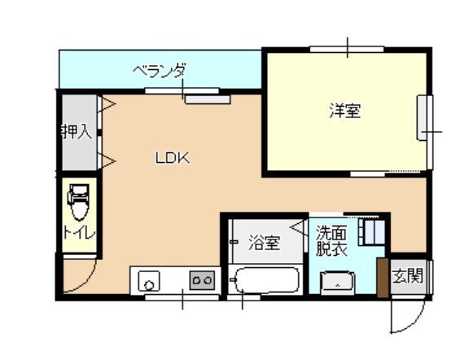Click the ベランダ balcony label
[x=160, y=72]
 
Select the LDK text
[x=173, y=159]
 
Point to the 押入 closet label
[x=76, y=131]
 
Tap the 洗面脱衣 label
[x=331, y=242]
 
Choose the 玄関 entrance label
[x=408, y=275]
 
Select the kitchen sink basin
[x=149, y=283]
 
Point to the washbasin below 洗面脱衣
[x=336, y=283]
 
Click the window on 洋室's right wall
[x=424, y=118]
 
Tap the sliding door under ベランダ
[x=207, y=99]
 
